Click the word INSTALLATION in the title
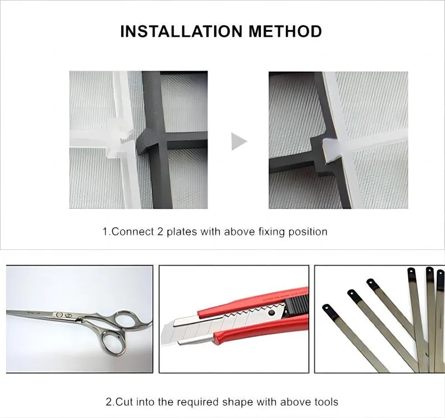point(181,31)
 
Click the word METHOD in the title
point(285,31)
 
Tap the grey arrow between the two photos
point(239,141)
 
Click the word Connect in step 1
point(132,232)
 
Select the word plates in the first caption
point(182,232)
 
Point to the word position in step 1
point(308,232)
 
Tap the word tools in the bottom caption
point(327,402)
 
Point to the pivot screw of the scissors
point(60,314)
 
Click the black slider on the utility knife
point(296,305)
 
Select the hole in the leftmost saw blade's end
point(326,307)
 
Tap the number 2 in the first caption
point(160,232)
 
